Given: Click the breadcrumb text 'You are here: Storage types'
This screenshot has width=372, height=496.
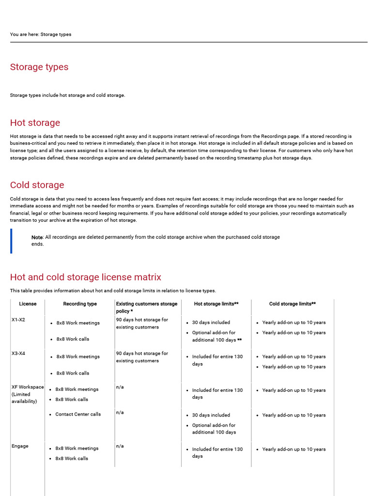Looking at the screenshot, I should pos(41,34).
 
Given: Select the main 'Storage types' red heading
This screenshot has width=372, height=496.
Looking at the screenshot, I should pos(39,67).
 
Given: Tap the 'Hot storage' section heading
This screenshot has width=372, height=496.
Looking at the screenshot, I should pos(35,123).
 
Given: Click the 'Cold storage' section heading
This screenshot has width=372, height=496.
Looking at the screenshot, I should pos(37,185).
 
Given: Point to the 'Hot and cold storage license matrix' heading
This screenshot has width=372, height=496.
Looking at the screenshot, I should pos(86,277).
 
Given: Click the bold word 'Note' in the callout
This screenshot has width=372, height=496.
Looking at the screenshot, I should pos(37,237).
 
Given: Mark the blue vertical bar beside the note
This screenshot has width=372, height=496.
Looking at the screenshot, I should pos(11,241).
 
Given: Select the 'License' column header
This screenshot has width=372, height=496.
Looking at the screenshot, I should pos(28,304).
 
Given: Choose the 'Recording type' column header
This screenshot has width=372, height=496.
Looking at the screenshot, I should pos(80,304).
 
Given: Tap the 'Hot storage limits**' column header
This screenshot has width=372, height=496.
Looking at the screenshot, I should pos(216,304).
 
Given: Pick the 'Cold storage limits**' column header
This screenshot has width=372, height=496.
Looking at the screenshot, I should pos(293,304).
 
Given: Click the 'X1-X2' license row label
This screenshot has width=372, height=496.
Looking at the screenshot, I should pos(18,320).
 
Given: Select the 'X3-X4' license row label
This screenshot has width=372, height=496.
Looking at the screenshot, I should pos(18,354).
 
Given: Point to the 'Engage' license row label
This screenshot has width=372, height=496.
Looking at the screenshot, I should pos(20,446).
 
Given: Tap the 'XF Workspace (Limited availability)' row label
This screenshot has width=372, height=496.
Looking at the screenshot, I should pos(28,394).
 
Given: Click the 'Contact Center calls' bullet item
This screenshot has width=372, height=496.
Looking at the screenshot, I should pos(78,414).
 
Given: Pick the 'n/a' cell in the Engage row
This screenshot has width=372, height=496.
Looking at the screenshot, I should pos(120,446).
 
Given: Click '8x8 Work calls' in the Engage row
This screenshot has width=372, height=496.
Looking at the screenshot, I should pos(72,458).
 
